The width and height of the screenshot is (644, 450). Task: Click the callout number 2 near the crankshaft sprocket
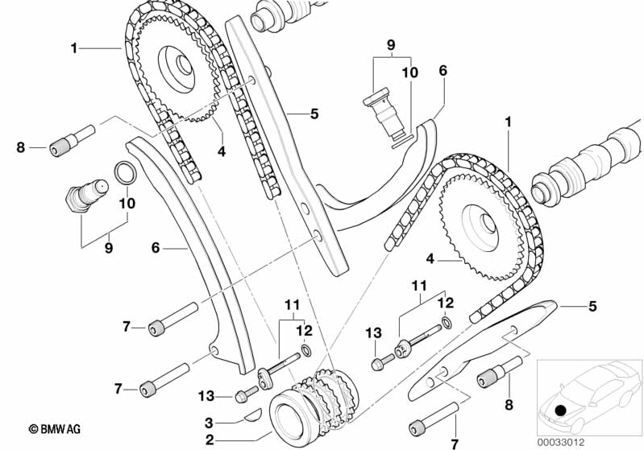pos(210,440)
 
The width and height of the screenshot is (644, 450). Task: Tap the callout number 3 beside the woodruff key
pos(209,422)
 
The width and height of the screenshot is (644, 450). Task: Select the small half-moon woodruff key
pos(251,415)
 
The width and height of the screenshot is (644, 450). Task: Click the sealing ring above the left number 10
pos(124,173)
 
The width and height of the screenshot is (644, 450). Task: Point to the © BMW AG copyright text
pos(55,429)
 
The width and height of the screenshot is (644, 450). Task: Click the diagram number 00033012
pos(561,443)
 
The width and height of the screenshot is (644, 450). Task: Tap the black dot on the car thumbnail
pos(560,410)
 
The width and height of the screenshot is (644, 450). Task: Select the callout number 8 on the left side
pos(20,147)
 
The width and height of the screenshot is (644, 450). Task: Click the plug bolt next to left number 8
pos(73,140)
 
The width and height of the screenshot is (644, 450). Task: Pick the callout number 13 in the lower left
pos(206,396)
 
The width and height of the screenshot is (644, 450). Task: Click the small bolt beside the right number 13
pos(383,361)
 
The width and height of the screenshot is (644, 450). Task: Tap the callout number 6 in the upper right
pos(442,71)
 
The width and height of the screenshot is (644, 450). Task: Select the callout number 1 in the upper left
pos(74,48)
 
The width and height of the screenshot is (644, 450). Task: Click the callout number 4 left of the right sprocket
pos(430,259)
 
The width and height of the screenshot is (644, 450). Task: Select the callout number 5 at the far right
pos(592,306)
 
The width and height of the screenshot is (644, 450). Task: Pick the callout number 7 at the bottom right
pos(455,444)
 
